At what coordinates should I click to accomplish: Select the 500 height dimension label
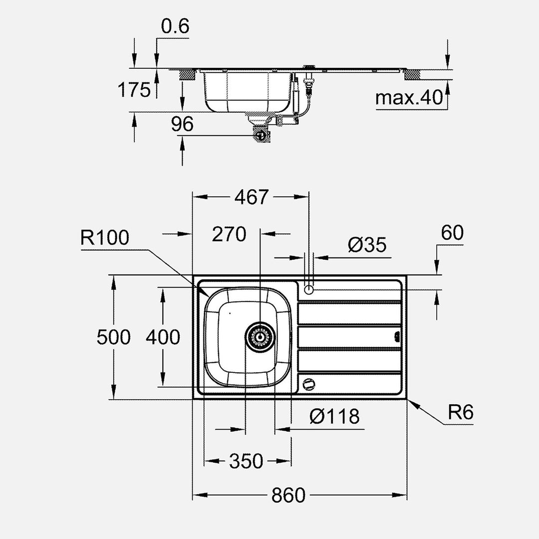pos(114,337)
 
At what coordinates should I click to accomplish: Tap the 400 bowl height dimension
pos(163,337)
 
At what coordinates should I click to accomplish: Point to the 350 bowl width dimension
pos(246,461)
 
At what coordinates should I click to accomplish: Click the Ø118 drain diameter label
pos(333,416)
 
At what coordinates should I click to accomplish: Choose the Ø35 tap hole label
pos(367,245)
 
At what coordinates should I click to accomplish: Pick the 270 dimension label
pos(229,234)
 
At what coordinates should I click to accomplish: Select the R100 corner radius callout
pos(104,238)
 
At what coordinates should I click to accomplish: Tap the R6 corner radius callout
pos(460,413)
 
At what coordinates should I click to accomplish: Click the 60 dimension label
pos(452,233)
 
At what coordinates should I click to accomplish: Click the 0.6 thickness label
pos(175,26)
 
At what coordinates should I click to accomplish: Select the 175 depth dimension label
pos(134,90)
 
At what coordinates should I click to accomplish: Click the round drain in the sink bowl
pos(260,337)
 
